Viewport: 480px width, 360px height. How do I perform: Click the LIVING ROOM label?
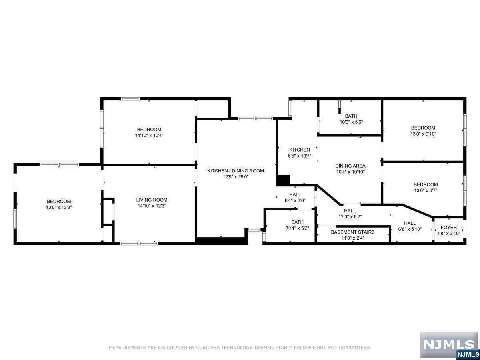click(152, 200)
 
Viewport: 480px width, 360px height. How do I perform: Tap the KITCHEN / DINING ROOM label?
click(236, 171)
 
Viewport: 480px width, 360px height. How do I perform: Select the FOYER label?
click(449, 227)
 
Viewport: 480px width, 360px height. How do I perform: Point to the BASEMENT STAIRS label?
click(353, 232)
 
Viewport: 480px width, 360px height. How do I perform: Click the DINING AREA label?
click(350, 166)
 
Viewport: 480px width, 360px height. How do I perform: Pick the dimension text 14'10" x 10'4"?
click(149, 136)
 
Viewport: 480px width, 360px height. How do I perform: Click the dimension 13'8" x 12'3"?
click(59, 208)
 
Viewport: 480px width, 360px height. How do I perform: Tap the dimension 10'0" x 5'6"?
click(351, 122)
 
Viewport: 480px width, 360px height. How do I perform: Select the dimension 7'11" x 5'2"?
click(298, 228)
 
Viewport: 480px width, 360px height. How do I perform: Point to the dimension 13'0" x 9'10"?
click(423, 134)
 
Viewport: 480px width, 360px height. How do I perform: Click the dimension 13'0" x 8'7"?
click(426, 190)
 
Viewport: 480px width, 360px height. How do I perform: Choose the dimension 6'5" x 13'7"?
click(300, 156)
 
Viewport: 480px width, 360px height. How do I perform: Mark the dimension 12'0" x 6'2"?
click(350, 217)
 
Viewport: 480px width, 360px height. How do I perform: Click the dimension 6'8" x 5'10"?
click(410, 229)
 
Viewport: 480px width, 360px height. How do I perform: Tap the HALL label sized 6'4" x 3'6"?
click(295, 194)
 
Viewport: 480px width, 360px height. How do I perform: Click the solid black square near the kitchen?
click(283, 180)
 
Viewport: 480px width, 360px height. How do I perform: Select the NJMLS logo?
click(449, 345)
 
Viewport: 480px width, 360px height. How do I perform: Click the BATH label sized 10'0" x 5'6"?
click(351, 116)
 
